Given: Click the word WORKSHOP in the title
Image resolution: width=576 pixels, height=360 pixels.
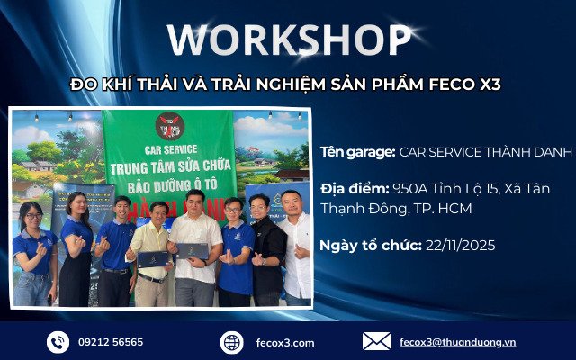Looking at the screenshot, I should coord(288,40).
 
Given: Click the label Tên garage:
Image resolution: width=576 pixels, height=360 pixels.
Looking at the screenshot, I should coord(357,152).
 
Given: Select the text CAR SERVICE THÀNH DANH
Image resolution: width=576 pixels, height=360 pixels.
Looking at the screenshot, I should coord(484,152).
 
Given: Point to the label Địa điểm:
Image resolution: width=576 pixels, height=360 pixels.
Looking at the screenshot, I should coord(355,189).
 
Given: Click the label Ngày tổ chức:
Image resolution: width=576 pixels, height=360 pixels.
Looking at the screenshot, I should coord(369,245).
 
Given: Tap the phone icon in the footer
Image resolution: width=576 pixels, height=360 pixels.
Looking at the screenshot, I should coord(58,342).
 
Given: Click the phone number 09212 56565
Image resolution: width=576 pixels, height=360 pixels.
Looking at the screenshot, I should coord(112,342).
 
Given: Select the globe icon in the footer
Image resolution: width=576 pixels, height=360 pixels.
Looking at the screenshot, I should coord(232,342).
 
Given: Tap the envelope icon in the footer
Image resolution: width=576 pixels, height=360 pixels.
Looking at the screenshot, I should coord(376,342).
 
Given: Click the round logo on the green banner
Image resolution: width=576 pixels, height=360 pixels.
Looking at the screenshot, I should coord(168,124).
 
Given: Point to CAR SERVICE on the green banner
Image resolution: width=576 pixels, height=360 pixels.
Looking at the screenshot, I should coord(168,149).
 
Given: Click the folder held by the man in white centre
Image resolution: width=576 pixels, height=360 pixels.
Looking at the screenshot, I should coord(193,251).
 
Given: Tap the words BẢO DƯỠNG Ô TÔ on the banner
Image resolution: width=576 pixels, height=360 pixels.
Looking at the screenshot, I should coord(168,184).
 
